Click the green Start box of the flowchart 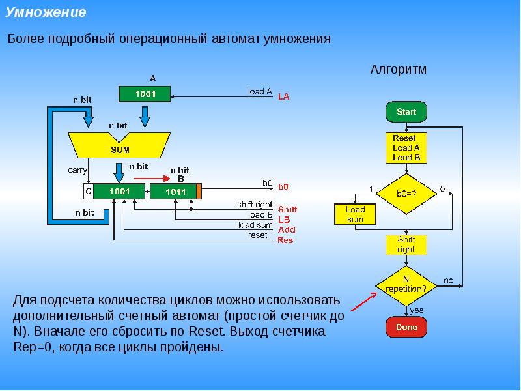(x=406, y=111)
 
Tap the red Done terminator (x=406, y=327)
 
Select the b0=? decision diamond (x=406, y=194)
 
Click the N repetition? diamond (x=406, y=286)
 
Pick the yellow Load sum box (x=355, y=214)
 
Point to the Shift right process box (x=406, y=245)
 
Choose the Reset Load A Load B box (x=406, y=148)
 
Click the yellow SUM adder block (x=119, y=145)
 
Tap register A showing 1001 (x=145, y=94)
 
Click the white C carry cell (x=89, y=192)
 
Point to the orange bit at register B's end (x=199, y=192)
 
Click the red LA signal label (x=283, y=96)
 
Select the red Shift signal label (x=287, y=209)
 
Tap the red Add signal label (x=287, y=230)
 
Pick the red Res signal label (x=285, y=240)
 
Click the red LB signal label (x=284, y=220)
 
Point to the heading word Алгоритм (x=398, y=70)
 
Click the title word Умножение (x=46, y=12)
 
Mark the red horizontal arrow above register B (x=152, y=179)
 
